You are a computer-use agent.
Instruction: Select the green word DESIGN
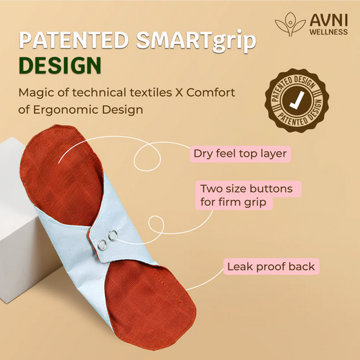coord(60,68)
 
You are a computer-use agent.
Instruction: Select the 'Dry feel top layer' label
coord(240,154)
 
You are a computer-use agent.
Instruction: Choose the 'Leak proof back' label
coord(271,267)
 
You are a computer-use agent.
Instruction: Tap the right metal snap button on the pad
coord(111,234)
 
